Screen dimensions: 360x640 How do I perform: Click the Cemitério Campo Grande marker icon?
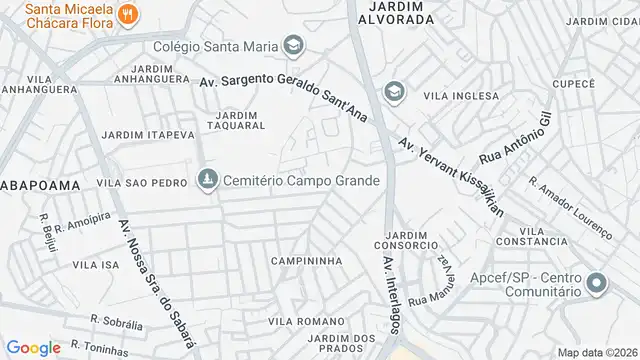click(207, 179)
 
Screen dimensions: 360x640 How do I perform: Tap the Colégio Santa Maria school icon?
click(293, 45)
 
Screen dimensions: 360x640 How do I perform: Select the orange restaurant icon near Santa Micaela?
click(127, 14)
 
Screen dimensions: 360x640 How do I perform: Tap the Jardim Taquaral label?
click(235, 120)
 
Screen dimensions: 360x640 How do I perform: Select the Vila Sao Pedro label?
click(142, 184)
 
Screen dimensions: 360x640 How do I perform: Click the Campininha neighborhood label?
click(306, 261)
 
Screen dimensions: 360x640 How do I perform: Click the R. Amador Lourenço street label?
click(570, 209)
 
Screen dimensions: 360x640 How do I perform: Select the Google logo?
click(35, 347)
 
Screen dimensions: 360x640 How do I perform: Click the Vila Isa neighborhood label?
click(96, 265)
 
